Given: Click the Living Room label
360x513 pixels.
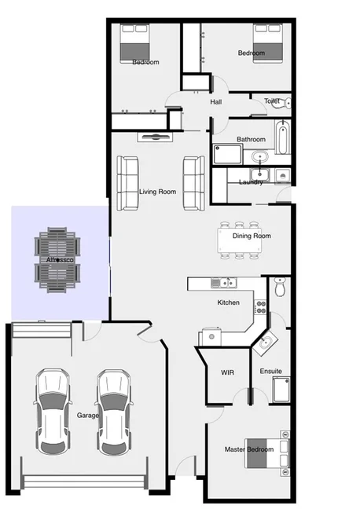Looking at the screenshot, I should click(157, 192).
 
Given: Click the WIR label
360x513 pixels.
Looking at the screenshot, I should click(228, 372).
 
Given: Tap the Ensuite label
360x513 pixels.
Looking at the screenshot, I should click(270, 371).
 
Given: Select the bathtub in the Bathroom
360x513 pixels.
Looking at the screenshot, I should click(282, 139).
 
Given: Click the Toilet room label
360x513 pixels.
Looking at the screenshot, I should click(272, 101).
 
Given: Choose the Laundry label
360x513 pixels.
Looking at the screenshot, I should click(250, 183).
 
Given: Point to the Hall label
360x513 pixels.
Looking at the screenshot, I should click(217, 103).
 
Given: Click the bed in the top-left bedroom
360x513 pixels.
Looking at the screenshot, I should click(134, 44).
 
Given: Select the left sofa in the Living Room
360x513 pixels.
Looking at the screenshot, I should click(127, 183).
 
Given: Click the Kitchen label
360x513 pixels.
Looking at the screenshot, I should click(229, 302).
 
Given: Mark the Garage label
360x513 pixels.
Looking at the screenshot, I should click(87, 415).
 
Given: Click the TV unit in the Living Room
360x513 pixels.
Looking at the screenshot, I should click(155, 137).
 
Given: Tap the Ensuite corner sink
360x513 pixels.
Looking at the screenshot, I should click(266, 341).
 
